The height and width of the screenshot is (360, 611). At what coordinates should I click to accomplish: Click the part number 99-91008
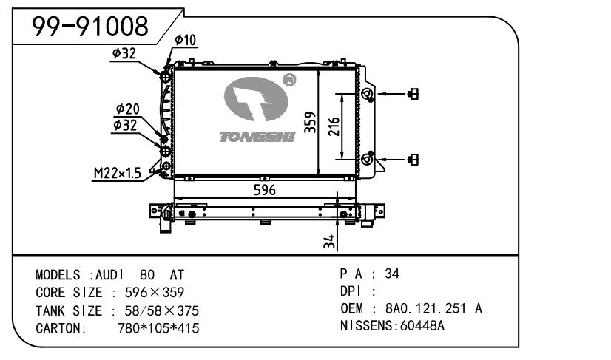[x=90, y=27]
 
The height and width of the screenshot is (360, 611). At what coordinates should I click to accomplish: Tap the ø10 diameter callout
[x=185, y=40]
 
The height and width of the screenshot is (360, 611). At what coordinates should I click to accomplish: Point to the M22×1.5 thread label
[x=117, y=173]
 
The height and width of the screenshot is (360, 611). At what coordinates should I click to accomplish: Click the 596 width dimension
[x=264, y=190]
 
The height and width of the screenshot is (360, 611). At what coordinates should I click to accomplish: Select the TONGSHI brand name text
[x=257, y=137]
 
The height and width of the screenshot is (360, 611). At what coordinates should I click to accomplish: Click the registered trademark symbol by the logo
[x=289, y=78]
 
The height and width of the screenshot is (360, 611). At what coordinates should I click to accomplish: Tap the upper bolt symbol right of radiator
[x=413, y=94]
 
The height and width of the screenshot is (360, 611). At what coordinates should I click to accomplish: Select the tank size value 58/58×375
[x=158, y=310]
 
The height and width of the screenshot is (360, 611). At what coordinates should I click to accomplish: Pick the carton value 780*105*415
[x=158, y=328]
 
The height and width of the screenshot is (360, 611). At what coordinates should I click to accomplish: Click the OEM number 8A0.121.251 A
[x=433, y=308]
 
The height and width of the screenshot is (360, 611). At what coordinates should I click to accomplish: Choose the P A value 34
[x=392, y=274]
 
